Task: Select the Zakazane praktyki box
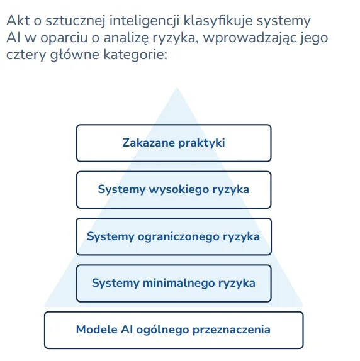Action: [x=173, y=143]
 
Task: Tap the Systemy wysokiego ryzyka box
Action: [x=173, y=189]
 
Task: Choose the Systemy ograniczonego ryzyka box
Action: [x=173, y=236]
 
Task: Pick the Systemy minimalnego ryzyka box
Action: [x=173, y=283]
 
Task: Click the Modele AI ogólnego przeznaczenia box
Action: [x=173, y=330]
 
